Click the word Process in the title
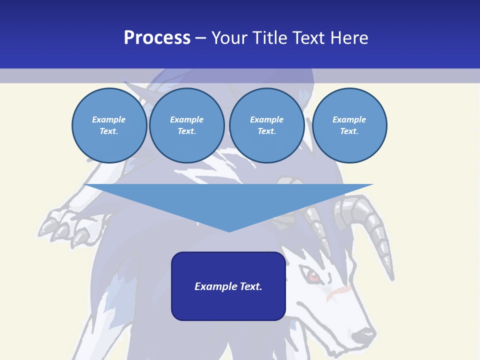click(x=157, y=38)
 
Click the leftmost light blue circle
click(x=109, y=125)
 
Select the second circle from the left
click(x=186, y=125)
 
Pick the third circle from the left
click(x=266, y=125)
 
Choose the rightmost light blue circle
click(x=349, y=125)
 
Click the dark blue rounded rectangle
click(x=228, y=300)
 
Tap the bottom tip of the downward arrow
click(x=229, y=230)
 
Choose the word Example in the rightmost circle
click(x=349, y=119)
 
